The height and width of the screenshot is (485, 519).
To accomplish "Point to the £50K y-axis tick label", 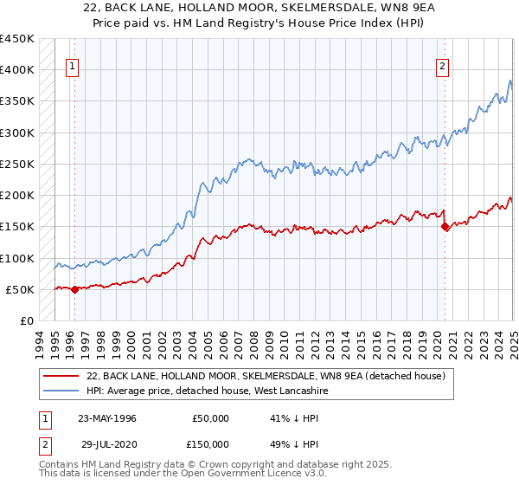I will click(x=19, y=289).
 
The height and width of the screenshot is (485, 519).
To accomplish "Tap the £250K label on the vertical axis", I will click(x=16, y=164).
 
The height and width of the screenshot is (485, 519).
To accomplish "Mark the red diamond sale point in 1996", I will click(x=74, y=289).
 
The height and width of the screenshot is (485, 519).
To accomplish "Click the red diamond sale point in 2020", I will click(x=445, y=227).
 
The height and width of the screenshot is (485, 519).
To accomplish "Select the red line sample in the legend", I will click(x=61, y=376).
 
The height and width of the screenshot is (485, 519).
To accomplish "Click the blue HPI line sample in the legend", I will click(x=61, y=391).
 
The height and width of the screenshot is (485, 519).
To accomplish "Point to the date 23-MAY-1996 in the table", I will click(x=107, y=418).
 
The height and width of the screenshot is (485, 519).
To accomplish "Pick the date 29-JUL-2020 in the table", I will click(x=106, y=443).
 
